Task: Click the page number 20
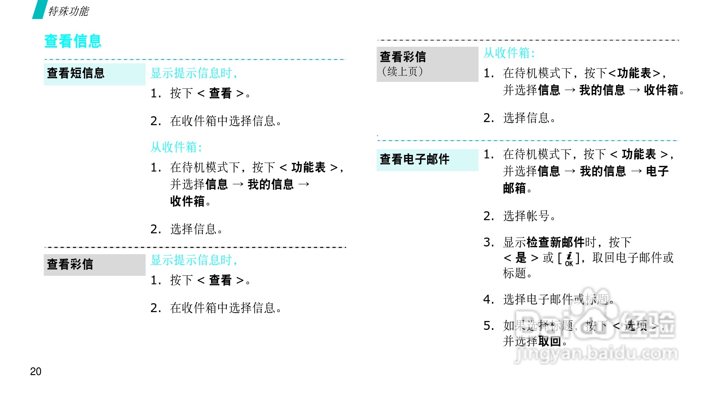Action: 36,371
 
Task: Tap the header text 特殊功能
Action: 68,11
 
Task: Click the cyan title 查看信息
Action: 73,41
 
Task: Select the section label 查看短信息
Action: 76,73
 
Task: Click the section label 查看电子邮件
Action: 414,159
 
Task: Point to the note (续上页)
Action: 402,71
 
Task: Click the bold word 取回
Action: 550,341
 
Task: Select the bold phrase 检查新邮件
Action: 555,242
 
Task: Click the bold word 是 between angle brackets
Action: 521,258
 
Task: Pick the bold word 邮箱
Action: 514,189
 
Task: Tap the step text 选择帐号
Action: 526,216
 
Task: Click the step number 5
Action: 489,326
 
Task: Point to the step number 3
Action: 489,242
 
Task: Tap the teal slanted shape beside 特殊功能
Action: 39,9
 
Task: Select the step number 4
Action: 489,299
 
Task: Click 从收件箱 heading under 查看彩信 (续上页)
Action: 509,53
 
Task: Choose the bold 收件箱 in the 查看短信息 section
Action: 187,201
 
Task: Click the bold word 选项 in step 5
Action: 636,326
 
